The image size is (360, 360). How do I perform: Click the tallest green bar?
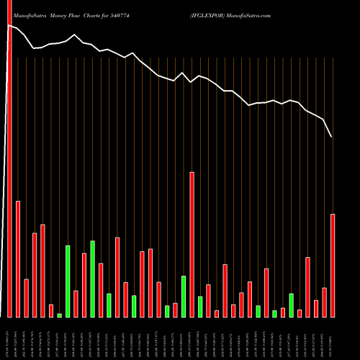[92, 279]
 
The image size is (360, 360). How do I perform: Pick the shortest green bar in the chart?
[59, 315]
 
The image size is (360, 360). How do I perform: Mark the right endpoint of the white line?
[332, 137]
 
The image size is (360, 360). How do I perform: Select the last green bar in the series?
[291, 305]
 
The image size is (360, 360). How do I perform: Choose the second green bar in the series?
[68, 281]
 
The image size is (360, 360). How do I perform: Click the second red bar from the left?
[18, 258]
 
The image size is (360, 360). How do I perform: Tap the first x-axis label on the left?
[9, 338]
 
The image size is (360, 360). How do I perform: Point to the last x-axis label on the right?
[333, 338]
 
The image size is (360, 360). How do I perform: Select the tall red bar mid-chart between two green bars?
[192, 244]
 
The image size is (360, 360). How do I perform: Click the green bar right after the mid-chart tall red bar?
[200, 307]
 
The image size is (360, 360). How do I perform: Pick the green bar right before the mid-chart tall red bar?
[184, 296]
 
